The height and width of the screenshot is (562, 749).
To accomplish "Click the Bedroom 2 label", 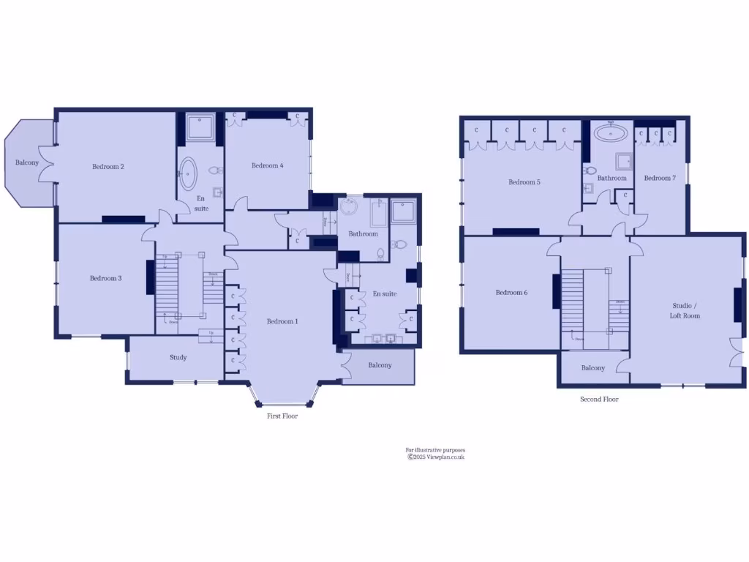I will coord(108,167).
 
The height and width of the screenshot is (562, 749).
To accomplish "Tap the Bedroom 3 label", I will coord(105,278).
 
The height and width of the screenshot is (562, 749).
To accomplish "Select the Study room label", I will coord(178,358).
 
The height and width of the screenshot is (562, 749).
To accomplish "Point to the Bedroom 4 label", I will coord(267,166).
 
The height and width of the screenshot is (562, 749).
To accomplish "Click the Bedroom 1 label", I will coord(282,321).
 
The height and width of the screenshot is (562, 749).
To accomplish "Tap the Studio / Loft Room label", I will coord(685,310).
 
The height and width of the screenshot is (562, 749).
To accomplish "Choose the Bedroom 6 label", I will coord(511,293).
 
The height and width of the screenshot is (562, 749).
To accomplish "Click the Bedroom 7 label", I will coord(660,178).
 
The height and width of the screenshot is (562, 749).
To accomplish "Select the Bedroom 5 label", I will coord(524,182).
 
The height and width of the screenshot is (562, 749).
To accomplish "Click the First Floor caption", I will coord(282,416).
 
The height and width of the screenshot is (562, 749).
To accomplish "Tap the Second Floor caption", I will coord(599,400).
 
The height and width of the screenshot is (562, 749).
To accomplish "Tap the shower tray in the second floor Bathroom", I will coord(624,162).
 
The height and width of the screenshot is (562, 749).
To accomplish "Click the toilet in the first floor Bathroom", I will coord(381,254).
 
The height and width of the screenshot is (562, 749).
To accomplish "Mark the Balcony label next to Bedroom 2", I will coord(27,162).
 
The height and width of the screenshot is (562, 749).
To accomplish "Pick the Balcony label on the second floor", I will coord(593,368).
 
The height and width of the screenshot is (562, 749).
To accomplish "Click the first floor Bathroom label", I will coord(363,234).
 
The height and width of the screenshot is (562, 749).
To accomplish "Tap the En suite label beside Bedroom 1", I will coord(384,294).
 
